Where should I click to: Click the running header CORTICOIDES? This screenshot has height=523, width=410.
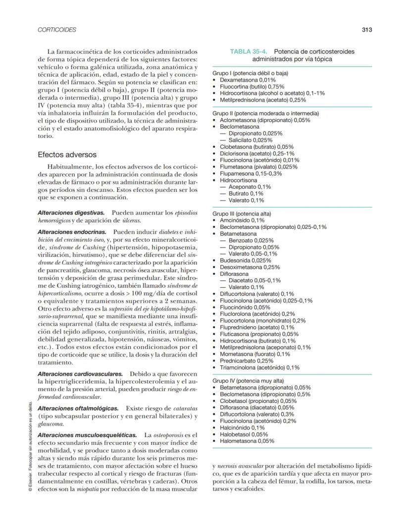(57, 30)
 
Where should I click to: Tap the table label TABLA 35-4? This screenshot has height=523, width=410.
(250, 51)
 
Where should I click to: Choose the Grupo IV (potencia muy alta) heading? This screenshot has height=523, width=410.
(248, 381)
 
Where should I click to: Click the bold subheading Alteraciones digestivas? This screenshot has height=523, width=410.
(71, 212)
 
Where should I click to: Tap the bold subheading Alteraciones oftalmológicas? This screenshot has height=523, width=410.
(78, 408)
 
